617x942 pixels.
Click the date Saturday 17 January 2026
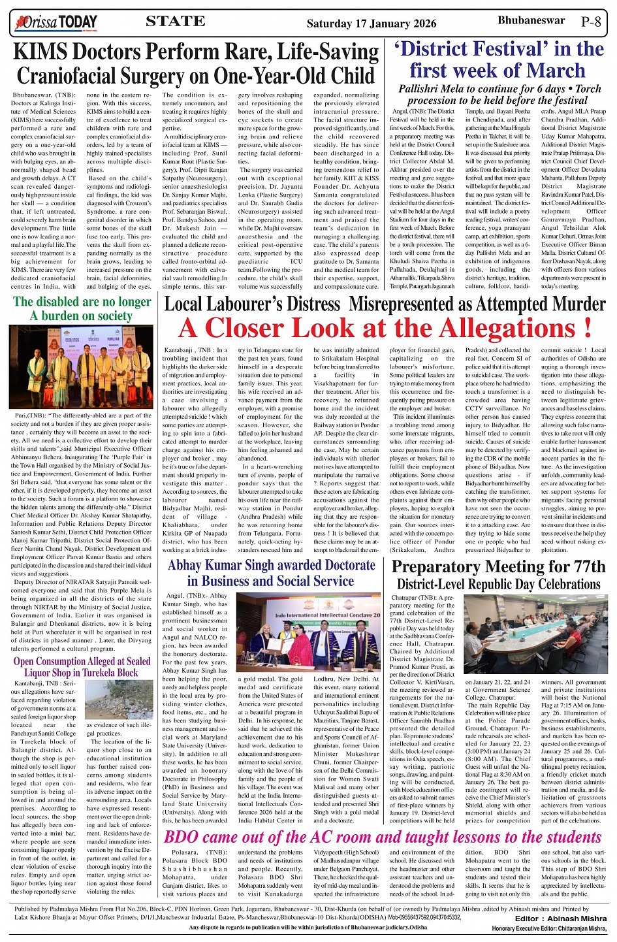pos(372,24)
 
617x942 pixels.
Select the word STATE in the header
pos(175,22)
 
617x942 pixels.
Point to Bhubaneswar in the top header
pos(531,21)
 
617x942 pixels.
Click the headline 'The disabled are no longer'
pos(82,302)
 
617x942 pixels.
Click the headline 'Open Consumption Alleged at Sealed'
pos(82,661)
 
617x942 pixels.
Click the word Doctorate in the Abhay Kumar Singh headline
pos(341,565)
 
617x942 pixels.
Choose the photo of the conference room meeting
pos(535,634)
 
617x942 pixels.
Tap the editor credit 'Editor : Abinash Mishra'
pos(560,918)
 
